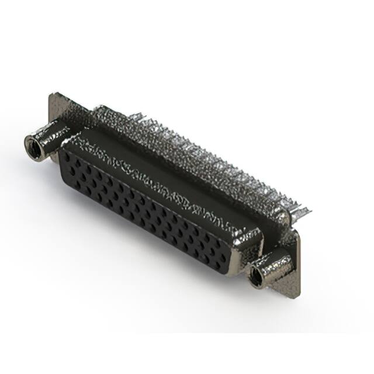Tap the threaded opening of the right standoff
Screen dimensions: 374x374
tap(256, 277)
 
